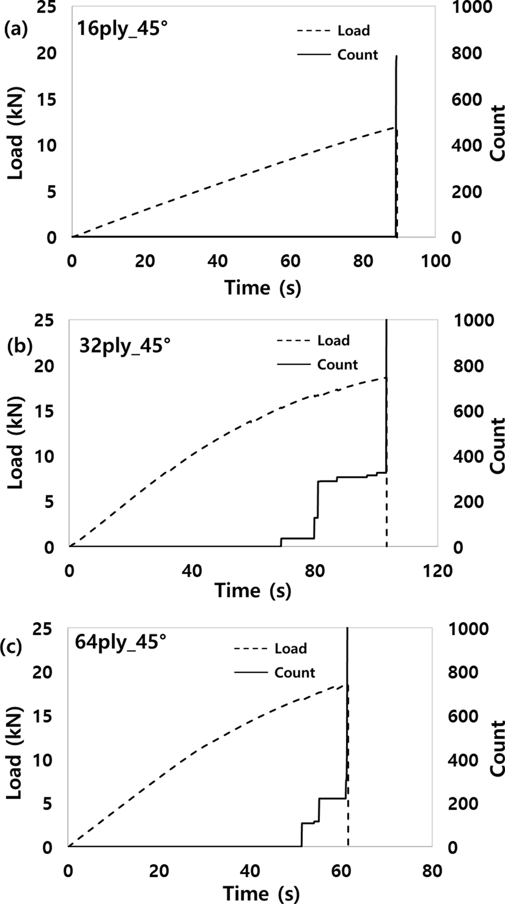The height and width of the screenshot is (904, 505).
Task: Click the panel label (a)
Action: pyautogui.click(x=15, y=30)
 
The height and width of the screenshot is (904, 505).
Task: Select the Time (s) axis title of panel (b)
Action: pyautogui.click(x=253, y=591)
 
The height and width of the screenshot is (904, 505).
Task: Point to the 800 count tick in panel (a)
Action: pyautogui.click(x=466, y=54)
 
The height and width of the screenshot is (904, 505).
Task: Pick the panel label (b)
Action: pyautogui.click(x=19, y=346)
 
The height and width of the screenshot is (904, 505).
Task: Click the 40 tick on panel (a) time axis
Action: pyautogui.click(x=217, y=261)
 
